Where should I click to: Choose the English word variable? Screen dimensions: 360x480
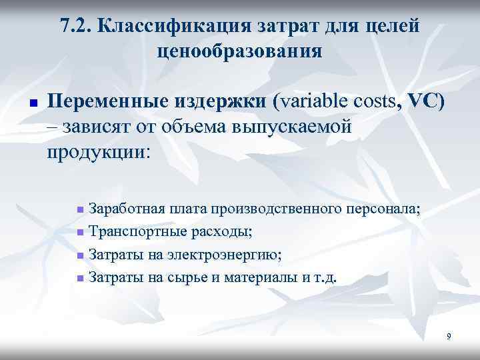[x=311, y=103]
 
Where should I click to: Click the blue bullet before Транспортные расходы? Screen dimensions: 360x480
[x=80, y=233]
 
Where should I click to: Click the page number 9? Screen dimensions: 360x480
[x=449, y=337]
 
